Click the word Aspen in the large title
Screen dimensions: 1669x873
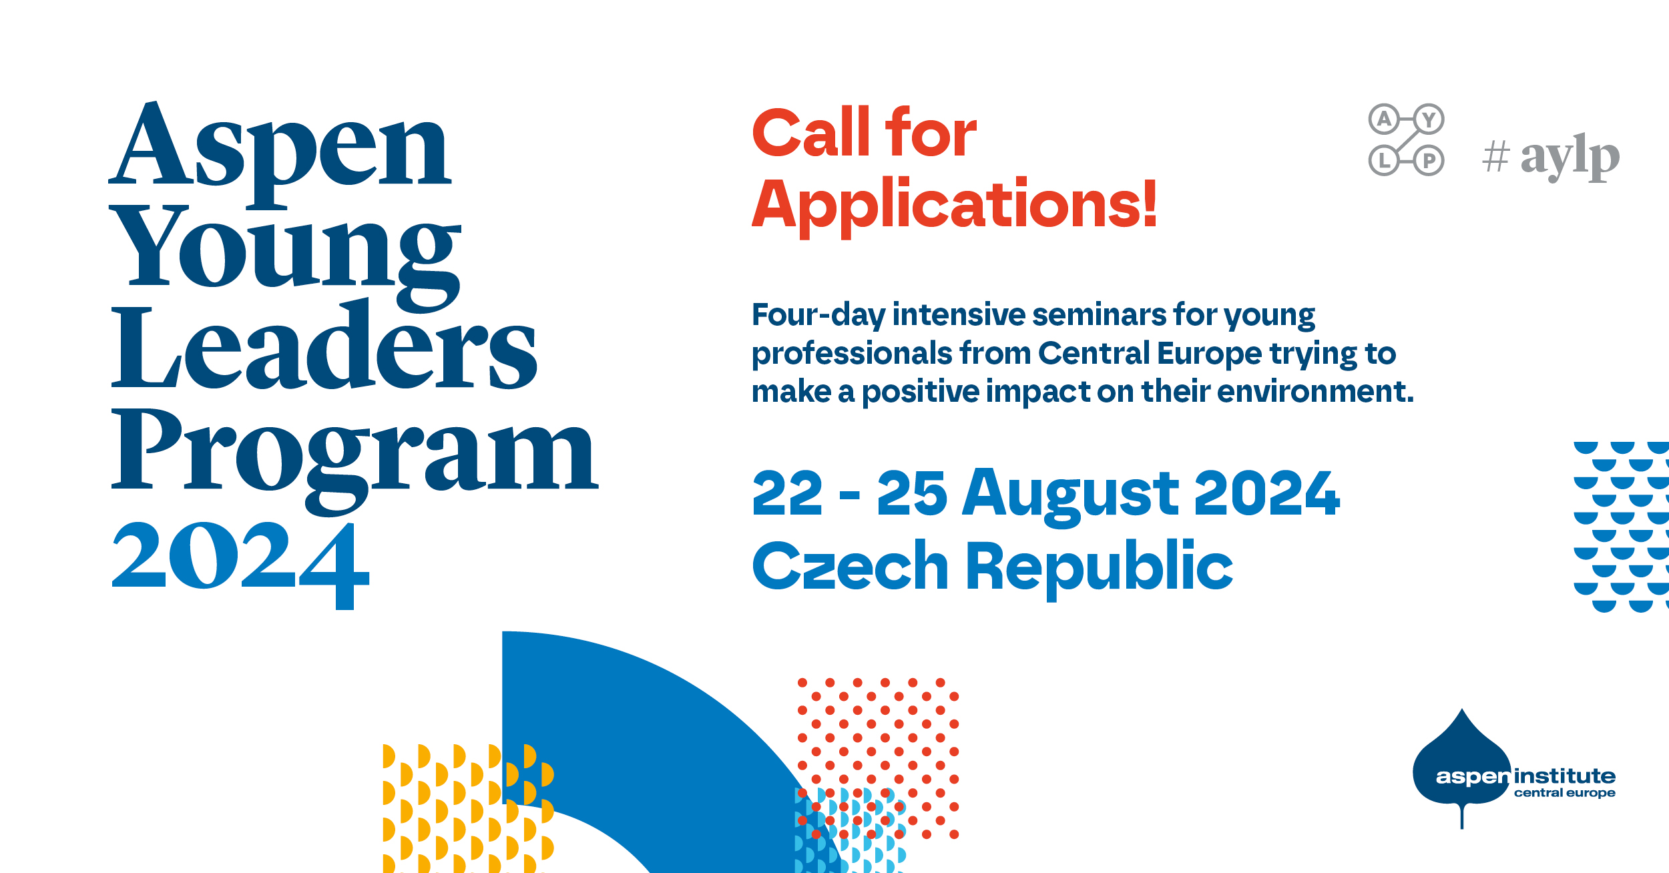click(280, 154)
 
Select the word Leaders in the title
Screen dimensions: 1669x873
click(324, 344)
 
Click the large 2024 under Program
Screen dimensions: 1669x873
click(240, 565)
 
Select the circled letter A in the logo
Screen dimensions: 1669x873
click(1385, 119)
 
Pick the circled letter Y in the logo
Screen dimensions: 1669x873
click(1429, 119)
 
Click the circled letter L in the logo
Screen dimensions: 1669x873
click(1385, 161)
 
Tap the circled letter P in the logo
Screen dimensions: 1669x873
click(1429, 161)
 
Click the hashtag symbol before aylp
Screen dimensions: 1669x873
click(1495, 157)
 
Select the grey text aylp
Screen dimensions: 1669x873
click(1570, 158)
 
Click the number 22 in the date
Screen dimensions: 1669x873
click(787, 493)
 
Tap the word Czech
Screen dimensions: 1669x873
click(850, 565)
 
